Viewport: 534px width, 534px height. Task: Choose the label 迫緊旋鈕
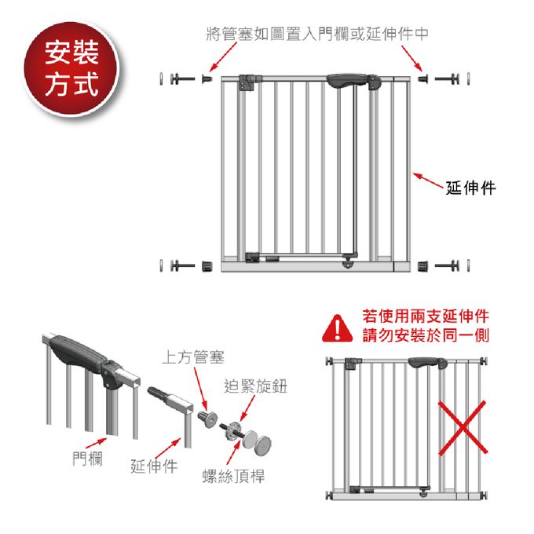click(x=256, y=386)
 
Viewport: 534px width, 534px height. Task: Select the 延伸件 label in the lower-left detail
click(x=154, y=467)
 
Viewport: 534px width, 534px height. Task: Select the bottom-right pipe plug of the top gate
click(x=424, y=265)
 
